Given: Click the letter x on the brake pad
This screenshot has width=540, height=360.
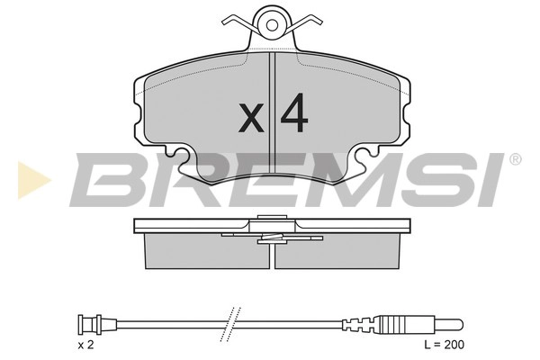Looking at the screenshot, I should coord(252,117).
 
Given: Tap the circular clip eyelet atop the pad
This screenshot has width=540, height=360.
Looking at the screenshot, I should coord(270,19).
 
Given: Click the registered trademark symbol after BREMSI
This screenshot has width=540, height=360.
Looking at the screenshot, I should coord(515,160).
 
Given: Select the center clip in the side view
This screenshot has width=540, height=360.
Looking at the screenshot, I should coord(269,237).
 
